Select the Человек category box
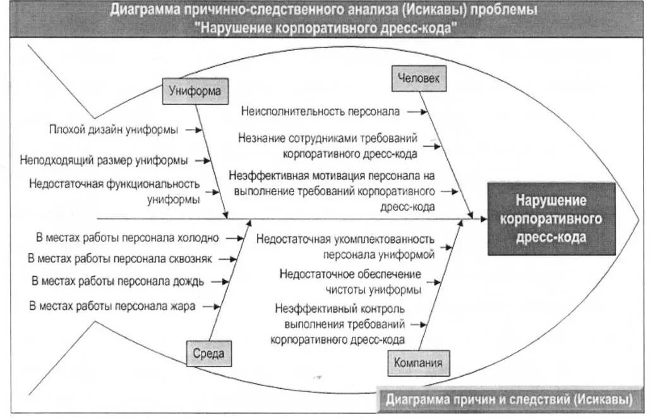[x=417, y=78]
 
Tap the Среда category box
[x=208, y=354]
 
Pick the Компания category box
[x=418, y=363]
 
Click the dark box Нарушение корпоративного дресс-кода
[x=551, y=219]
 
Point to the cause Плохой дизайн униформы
[x=114, y=130]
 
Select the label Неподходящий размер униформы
[x=104, y=161]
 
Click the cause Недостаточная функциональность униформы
[x=115, y=191]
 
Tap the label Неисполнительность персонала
[x=320, y=112]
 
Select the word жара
[x=183, y=306]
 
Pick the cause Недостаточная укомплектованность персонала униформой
[x=345, y=247]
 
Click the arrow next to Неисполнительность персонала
[x=416, y=111]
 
